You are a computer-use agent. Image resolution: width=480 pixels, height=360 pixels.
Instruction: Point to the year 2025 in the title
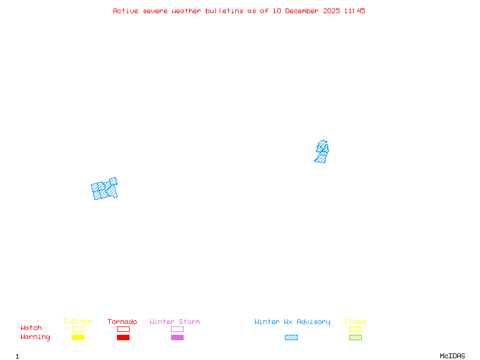coord(333,11)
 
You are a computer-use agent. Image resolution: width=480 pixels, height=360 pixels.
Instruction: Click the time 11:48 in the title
coord(355,11)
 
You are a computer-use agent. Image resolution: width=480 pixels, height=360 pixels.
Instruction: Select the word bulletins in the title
coord(224,11)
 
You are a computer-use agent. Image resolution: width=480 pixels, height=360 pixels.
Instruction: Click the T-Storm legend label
coord(77,322)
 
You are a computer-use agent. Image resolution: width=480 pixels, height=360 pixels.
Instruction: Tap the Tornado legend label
coord(122,322)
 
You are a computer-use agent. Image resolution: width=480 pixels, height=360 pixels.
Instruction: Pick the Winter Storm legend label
coord(175,322)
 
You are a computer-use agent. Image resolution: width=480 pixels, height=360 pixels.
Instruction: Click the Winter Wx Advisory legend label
coord(292,322)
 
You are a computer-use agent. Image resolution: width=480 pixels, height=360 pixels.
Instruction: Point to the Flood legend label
coord(355,322)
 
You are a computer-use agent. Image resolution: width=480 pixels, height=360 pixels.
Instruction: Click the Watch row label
coord(31,328)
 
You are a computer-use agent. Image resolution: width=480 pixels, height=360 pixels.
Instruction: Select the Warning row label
coord(35,337)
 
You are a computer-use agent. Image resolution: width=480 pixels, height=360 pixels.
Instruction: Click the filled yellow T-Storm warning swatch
coord(78,338)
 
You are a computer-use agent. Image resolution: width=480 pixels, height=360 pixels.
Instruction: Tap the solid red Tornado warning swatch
coord(123,338)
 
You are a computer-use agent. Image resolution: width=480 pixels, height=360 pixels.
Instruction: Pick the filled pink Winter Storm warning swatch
coord(177,338)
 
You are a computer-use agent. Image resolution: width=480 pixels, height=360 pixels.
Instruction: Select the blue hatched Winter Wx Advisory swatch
coord(291,338)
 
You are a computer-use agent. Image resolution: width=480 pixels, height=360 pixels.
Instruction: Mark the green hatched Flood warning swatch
coord(355,338)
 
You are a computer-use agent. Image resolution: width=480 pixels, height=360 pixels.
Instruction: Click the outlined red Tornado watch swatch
coord(123,329)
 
